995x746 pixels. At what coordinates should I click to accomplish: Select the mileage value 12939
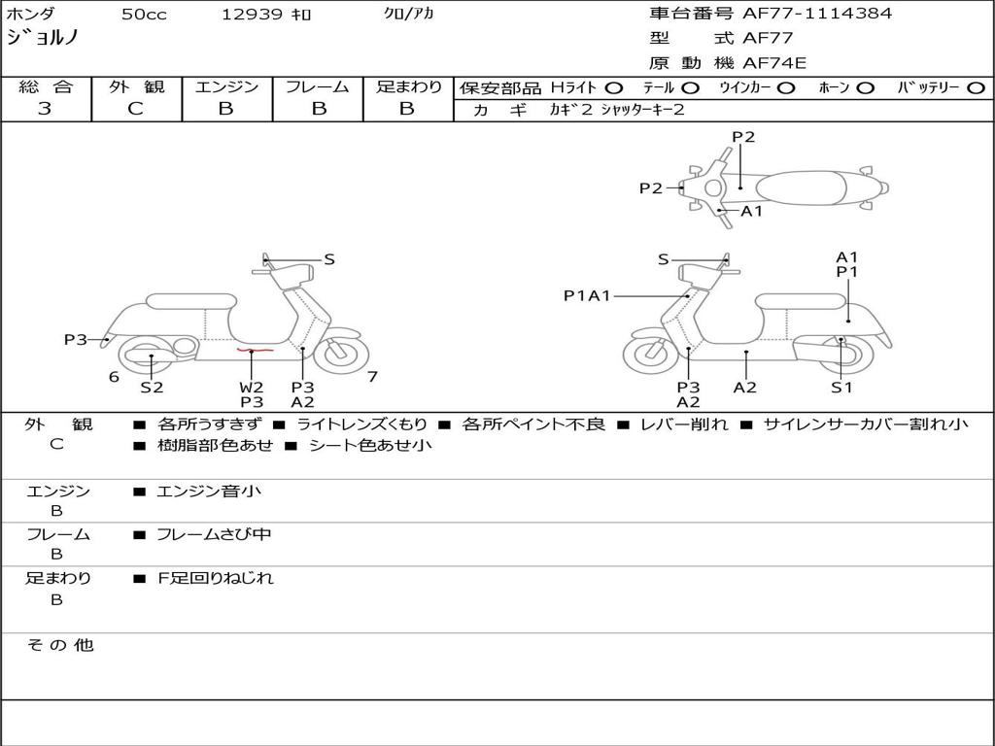253,15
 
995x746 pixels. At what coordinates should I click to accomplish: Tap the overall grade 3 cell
45,109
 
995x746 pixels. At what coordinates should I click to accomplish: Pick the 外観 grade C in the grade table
135,109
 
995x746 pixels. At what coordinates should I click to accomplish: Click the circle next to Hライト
613,87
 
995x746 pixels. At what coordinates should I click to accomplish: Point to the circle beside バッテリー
976,87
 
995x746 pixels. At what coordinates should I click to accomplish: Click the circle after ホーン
865,87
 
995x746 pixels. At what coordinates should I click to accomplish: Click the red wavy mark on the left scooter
251,350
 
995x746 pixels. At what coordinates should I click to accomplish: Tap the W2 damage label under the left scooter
252,387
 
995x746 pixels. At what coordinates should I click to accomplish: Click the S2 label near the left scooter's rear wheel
152,387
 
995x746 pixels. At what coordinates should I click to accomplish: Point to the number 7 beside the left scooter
372,377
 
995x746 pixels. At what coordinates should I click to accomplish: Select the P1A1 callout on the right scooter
587,295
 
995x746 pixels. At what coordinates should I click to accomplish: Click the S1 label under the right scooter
841,387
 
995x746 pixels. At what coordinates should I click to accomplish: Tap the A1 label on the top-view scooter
752,211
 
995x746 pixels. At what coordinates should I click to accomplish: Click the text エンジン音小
209,492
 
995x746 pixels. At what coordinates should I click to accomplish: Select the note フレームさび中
214,534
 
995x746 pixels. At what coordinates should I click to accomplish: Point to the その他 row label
59,645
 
